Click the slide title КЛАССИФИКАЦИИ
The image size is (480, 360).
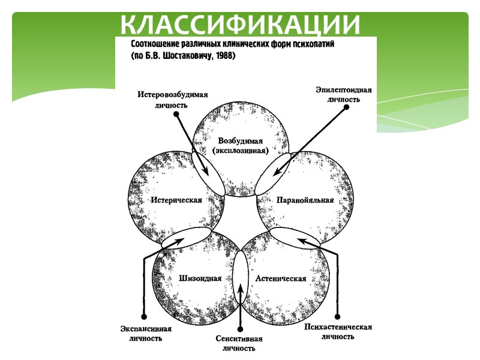click(240, 25)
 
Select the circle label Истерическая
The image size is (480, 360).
click(176, 200)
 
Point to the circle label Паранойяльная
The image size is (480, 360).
click(305, 200)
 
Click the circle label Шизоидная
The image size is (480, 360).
click(200, 278)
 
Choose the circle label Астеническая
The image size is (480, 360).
click(281, 278)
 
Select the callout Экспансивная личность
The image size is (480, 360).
click(145, 334)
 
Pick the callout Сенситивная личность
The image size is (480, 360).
click(239, 343)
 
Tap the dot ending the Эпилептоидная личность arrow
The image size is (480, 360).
click(347, 109)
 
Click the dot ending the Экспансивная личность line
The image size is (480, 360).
click(144, 317)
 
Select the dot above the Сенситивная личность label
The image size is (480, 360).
click(240, 328)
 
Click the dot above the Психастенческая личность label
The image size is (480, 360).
click(339, 317)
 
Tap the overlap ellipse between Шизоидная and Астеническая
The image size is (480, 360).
click(240, 276)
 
